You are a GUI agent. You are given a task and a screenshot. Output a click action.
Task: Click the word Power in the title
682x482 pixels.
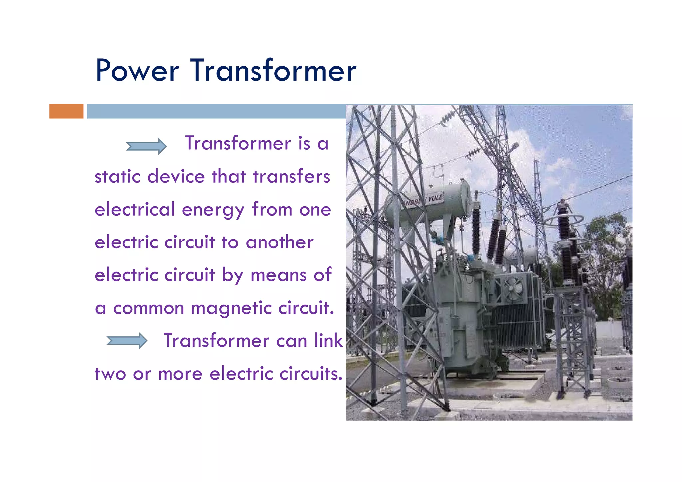(x=137, y=71)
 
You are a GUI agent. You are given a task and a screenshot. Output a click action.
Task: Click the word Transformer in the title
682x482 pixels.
(x=273, y=71)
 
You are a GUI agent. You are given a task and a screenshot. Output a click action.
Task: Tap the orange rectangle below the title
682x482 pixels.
(x=66, y=111)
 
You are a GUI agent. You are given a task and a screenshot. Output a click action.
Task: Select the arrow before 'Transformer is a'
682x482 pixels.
(x=146, y=146)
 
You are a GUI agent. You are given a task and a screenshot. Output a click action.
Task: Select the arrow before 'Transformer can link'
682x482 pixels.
(x=127, y=341)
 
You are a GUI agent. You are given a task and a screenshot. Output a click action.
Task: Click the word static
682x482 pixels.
(x=117, y=177)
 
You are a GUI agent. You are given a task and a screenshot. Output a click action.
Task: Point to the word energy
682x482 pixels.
(x=213, y=210)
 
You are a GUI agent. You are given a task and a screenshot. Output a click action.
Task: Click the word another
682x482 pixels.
(x=280, y=242)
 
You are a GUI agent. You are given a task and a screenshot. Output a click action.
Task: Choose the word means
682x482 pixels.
(x=278, y=275)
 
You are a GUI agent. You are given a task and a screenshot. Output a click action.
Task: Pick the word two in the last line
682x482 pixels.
(x=110, y=374)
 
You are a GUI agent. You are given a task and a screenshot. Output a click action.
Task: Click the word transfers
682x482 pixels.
(x=291, y=177)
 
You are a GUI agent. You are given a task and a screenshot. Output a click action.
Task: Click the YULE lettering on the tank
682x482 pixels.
(x=435, y=198)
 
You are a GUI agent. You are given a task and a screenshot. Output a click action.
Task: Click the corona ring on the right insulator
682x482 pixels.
(x=564, y=219)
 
